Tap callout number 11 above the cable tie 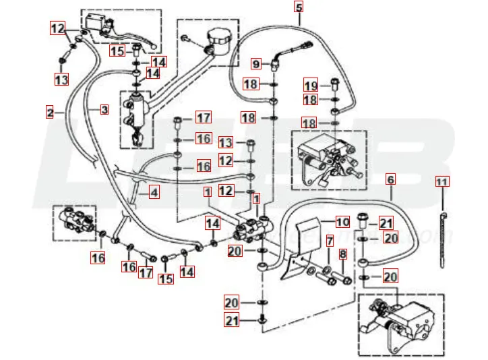441,182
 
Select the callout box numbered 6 390,179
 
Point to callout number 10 342,221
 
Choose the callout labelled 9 256,64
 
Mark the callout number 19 311,86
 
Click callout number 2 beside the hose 49,113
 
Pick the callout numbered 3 104,109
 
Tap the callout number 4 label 154,193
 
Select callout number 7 330,241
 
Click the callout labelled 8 343,254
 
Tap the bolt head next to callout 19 334,85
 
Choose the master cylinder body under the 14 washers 135,111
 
